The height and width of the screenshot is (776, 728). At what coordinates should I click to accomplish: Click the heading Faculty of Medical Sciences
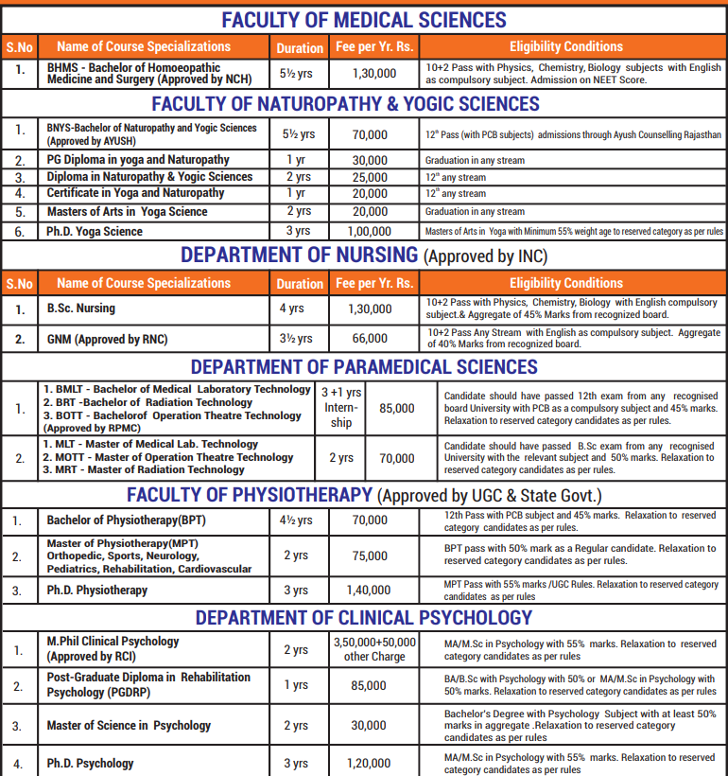[x=364, y=20]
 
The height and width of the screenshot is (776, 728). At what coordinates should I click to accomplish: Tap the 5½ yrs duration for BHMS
[x=298, y=73]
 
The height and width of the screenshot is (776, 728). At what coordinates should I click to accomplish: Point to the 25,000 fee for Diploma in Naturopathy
[x=369, y=177]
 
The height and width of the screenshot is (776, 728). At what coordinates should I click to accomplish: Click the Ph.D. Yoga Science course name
[x=95, y=231]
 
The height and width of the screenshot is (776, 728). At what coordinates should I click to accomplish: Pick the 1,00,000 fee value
[x=369, y=231]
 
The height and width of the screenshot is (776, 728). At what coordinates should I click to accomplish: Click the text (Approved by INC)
[x=485, y=256]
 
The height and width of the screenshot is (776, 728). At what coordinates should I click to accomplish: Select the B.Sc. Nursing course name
[x=81, y=308]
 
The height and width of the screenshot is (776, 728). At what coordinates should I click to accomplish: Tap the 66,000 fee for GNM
[x=369, y=338]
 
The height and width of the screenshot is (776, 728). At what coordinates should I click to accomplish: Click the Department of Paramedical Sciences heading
[x=364, y=367]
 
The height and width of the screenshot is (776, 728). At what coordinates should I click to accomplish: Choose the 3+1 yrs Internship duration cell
[x=341, y=408]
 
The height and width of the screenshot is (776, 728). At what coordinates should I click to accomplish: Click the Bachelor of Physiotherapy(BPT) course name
[x=126, y=520]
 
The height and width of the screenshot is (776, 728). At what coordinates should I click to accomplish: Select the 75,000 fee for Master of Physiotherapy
[x=369, y=556]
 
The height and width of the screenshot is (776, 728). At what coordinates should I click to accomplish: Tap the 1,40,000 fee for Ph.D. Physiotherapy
[x=369, y=591]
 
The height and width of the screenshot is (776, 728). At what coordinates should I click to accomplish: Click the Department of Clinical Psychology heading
[x=364, y=618]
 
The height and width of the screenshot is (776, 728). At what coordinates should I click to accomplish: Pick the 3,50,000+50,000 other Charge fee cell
[x=374, y=648]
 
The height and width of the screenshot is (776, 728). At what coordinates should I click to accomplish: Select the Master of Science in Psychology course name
[x=129, y=726]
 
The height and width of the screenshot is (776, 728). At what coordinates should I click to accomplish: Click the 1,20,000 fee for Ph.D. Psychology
[x=369, y=763]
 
